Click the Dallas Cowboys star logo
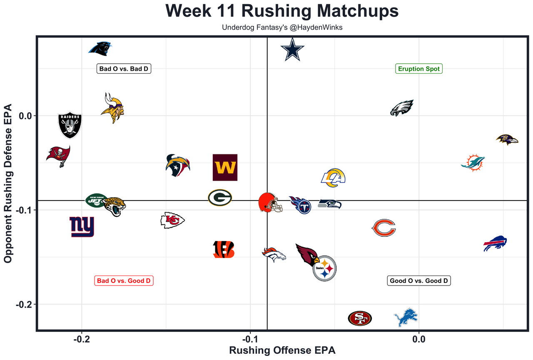coord(293,50)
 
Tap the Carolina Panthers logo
coord(101,49)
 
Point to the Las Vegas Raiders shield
coord(70,125)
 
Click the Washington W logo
coord(225,167)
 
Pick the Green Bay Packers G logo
coord(220,198)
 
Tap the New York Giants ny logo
coord(82,226)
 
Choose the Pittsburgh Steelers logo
coord(325,268)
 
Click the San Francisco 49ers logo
coord(360,318)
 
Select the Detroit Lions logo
coord(406,318)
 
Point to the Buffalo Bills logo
coord(495,243)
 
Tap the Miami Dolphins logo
coord(473,163)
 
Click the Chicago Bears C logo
coord(384,228)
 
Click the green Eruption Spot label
coord(418,69)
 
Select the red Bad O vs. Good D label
coord(124,281)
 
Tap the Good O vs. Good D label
coord(419,281)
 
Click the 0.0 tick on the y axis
coord(26,116)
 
